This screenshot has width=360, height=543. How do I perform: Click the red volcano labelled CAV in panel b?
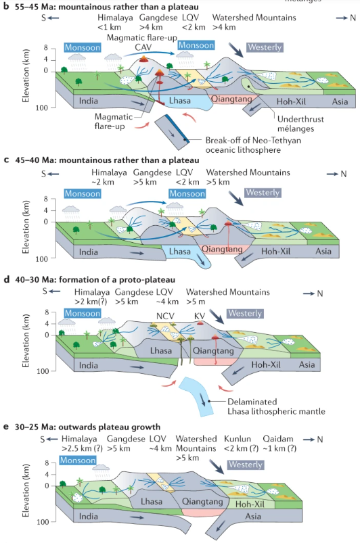point(143,62)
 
